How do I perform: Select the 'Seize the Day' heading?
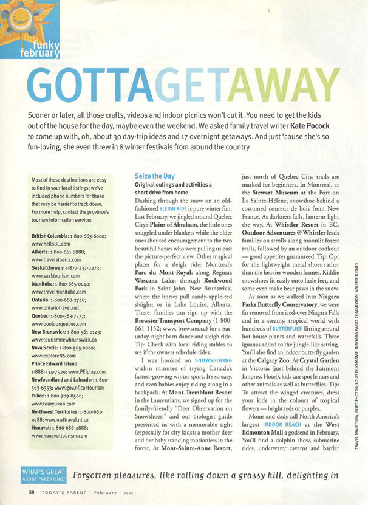pyautogui.click(x=155, y=176)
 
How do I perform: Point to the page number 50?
pyautogui.click(x=31, y=492)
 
